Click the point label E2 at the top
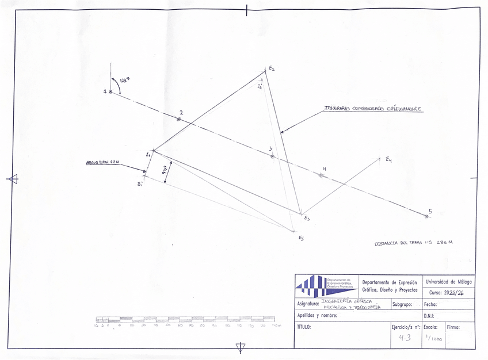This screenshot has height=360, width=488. (x=271, y=68)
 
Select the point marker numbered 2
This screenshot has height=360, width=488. (x=179, y=119)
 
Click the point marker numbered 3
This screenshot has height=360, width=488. (x=272, y=156)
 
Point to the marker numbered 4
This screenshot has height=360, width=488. (x=321, y=175)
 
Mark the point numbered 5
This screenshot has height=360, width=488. (x=426, y=216)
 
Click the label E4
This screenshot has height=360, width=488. (x=389, y=159)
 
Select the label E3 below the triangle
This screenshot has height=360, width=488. (x=307, y=219)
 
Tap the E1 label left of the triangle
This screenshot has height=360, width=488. (x=148, y=154)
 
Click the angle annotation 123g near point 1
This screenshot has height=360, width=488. (x=124, y=82)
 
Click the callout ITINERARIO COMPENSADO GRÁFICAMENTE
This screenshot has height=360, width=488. (x=373, y=108)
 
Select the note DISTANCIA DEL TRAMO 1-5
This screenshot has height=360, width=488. (x=413, y=243)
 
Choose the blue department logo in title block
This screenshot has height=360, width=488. (x=326, y=285)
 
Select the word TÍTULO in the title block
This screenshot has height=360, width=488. (x=304, y=327)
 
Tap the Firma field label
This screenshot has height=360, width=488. (x=453, y=327)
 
